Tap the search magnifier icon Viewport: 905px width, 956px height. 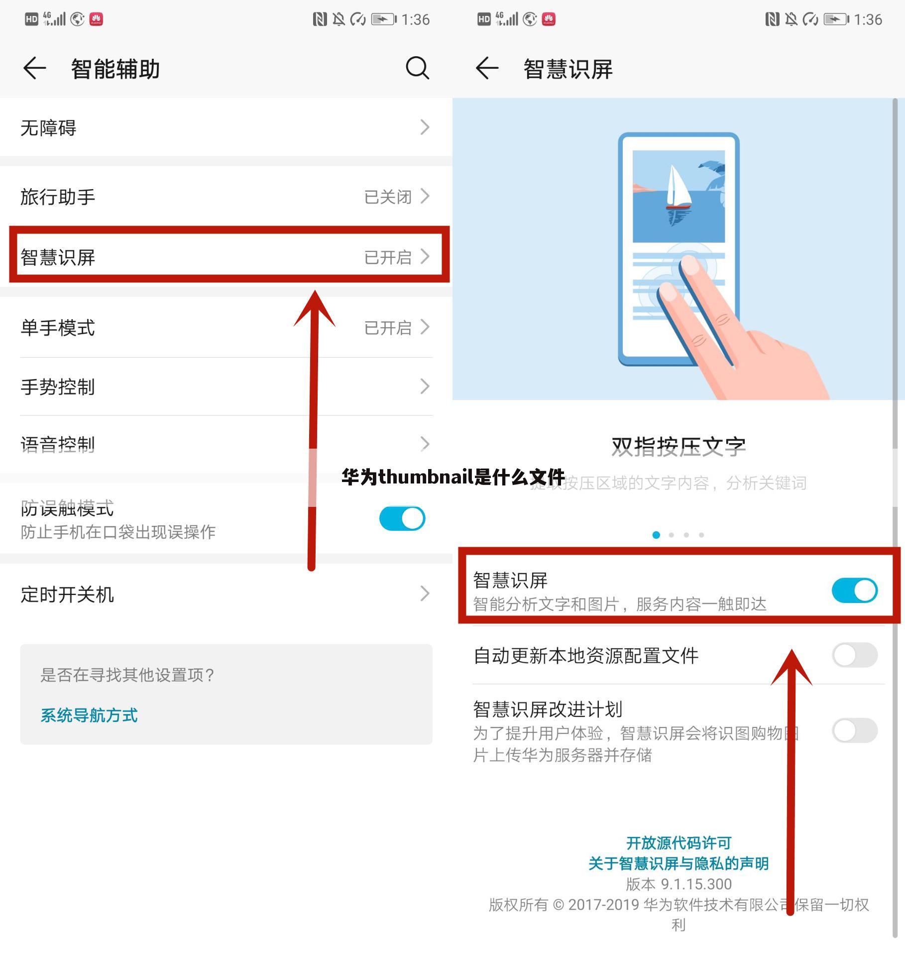417,68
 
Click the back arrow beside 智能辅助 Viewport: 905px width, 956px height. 35,68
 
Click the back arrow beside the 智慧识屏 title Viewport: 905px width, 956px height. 487,68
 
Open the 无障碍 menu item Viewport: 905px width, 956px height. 48,128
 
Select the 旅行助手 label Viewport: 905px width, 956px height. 58,197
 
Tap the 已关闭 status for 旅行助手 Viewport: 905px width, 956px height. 388,197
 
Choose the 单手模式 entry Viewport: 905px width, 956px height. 58,328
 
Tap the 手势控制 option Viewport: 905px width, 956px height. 58,387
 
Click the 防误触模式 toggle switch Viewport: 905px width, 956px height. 402,518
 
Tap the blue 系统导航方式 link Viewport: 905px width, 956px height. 89,716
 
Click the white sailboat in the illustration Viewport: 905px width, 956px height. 677,187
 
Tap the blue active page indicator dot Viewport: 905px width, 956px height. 656,535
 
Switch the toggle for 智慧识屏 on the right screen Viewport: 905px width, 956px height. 854,591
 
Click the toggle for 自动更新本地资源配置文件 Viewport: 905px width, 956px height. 854,655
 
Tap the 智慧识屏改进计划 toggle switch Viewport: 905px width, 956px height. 854,730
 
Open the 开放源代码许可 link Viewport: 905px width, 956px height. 679,843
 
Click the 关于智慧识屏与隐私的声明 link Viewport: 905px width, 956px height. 679,863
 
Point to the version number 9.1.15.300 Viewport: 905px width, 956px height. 696,884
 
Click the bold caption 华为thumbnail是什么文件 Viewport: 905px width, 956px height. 453,477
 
